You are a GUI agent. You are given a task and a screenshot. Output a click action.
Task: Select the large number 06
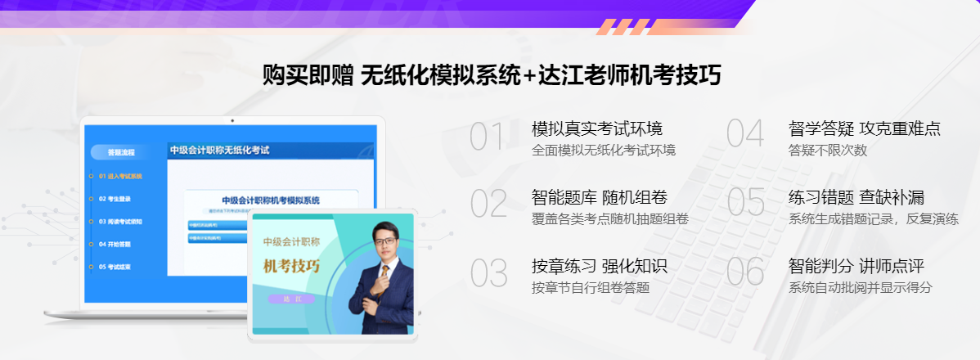(x=744, y=272)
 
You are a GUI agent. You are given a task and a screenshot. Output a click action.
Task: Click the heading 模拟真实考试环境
(x=596, y=128)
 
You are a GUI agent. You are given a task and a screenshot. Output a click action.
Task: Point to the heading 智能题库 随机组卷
(x=599, y=197)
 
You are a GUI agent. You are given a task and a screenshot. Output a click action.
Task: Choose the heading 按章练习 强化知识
(x=599, y=266)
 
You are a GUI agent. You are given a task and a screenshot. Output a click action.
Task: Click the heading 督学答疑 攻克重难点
(x=864, y=128)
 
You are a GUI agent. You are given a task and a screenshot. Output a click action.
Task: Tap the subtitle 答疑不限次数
(x=827, y=151)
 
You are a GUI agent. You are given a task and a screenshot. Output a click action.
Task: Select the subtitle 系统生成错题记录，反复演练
(x=873, y=219)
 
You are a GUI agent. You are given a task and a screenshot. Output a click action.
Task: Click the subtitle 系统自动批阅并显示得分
(x=860, y=288)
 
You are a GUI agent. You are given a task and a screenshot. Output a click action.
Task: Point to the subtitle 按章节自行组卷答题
(x=590, y=288)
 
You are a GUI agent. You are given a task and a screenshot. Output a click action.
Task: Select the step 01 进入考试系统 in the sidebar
(x=119, y=176)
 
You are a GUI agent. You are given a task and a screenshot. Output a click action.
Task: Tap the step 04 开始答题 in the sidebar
(x=114, y=244)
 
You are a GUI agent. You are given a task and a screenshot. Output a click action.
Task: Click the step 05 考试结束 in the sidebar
(x=114, y=267)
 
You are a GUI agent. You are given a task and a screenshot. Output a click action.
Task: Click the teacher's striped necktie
(x=381, y=281)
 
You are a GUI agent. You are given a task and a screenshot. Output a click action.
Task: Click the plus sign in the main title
(x=528, y=76)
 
